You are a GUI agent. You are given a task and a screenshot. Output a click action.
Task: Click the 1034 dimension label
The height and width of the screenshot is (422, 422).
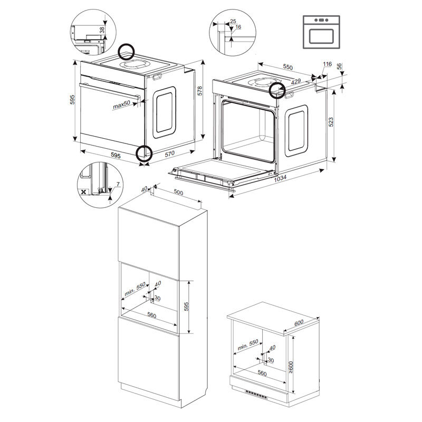click(281, 178)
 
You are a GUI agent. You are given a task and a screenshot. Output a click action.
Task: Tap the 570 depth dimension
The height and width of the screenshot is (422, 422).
click(169, 154)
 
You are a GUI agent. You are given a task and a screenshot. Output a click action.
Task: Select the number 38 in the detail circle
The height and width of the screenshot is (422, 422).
click(102, 30)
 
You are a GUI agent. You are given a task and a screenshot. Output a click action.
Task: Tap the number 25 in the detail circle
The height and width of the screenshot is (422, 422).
click(233, 22)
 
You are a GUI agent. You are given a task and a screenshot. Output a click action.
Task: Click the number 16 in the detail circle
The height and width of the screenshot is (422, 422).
click(238, 27)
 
